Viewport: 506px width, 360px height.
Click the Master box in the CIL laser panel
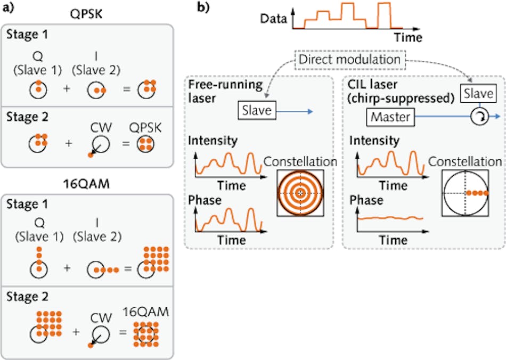tap(390, 116)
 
